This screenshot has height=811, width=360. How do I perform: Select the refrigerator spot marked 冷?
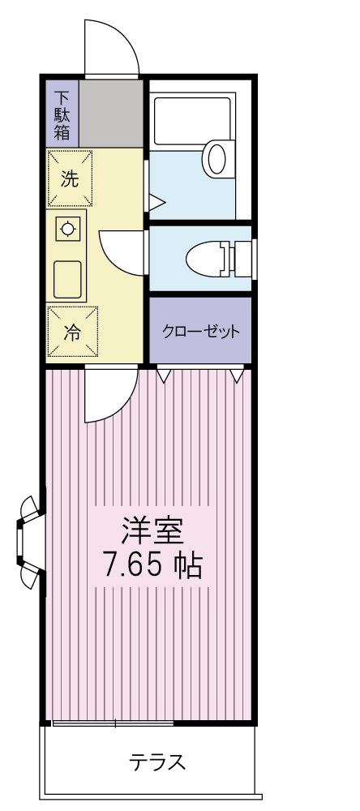click(x=71, y=333)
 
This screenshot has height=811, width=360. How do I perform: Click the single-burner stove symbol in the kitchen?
click(x=68, y=229)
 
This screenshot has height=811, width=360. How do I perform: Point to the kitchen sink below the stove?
click(x=69, y=280)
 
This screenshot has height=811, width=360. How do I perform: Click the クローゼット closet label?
click(x=201, y=332)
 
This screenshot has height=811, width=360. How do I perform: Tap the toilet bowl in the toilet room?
click(x=208, y=259)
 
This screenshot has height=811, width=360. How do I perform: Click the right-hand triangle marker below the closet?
click(x=236, y=375)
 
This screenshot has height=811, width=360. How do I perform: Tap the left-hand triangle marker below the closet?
click(x=165, y=375)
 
